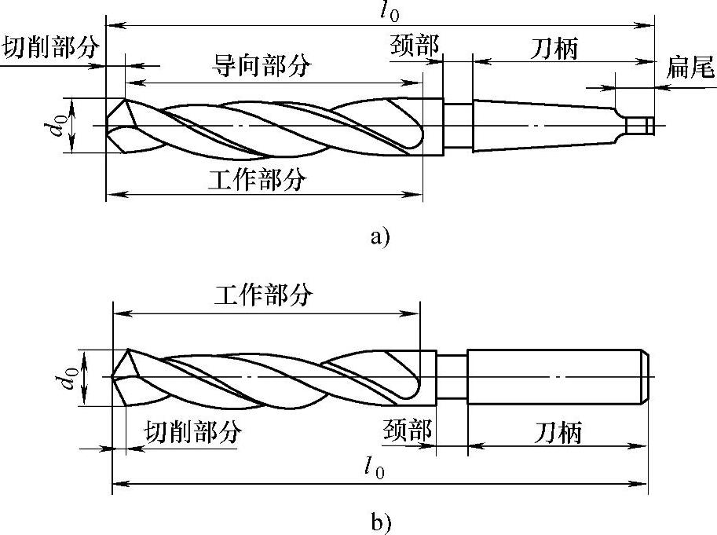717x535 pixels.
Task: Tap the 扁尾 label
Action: [x=691, y=68]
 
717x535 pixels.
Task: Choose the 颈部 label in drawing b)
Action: [x=408, y=431]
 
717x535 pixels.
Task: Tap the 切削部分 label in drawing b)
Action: [x=192, y=431]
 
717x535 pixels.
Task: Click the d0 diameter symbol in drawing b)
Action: [x=70, y=378]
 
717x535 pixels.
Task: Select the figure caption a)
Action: [x=379, y=235]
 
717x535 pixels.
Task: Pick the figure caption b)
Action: [x=381, y=521]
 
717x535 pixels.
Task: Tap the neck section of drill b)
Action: [x=452, y=376]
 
